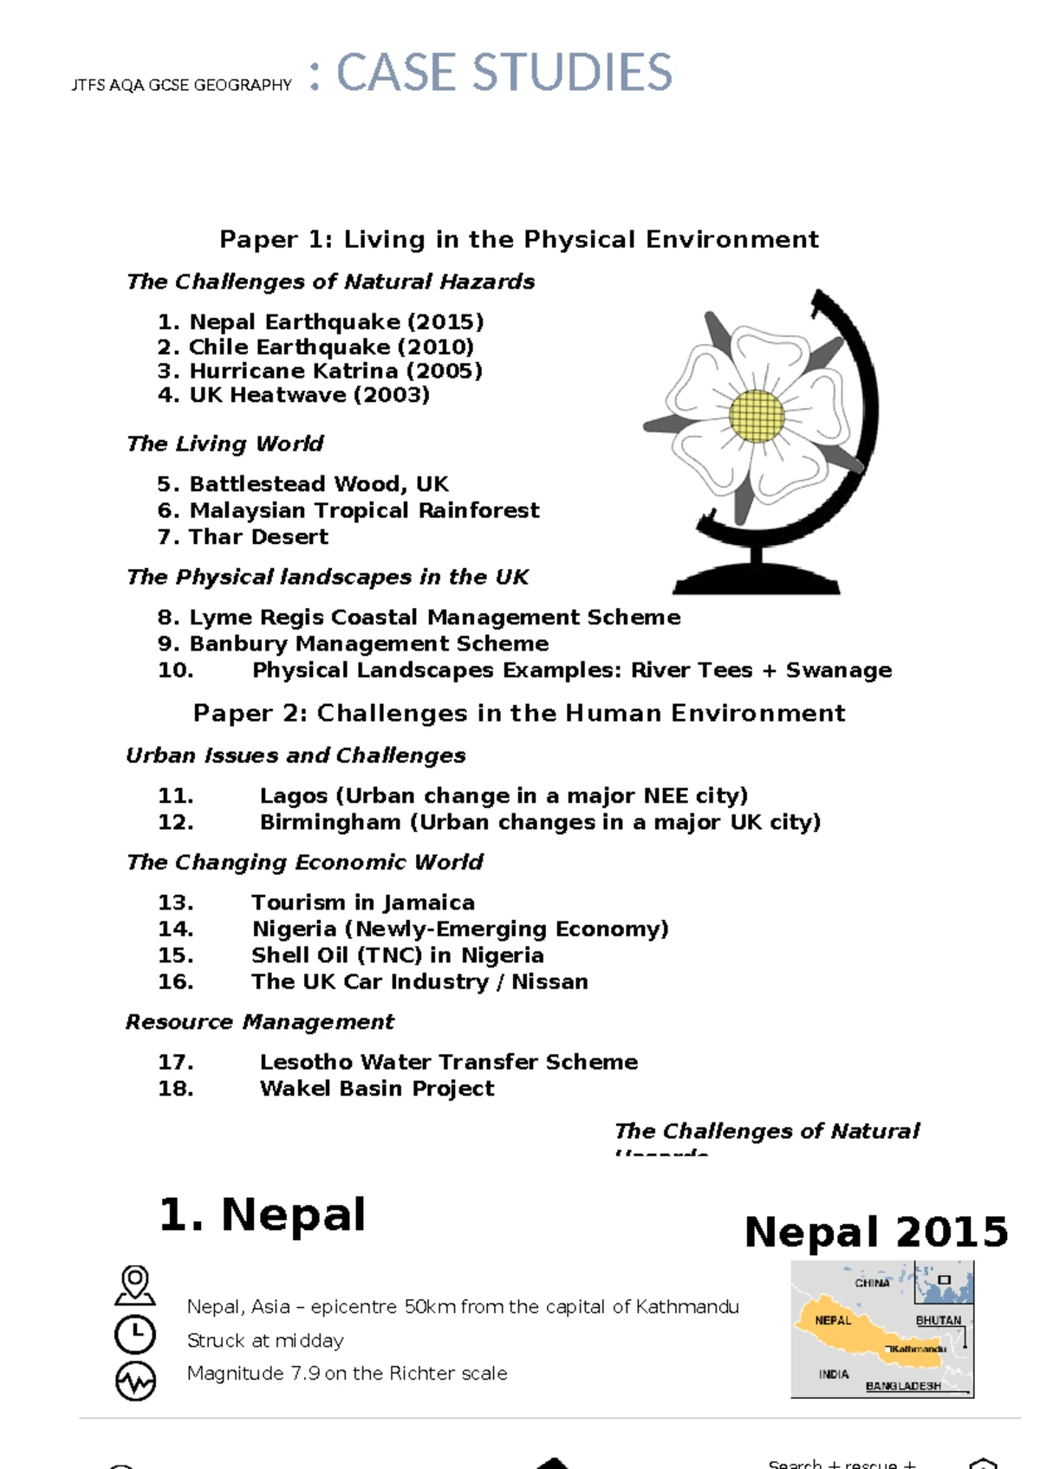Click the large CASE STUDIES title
(504, 73)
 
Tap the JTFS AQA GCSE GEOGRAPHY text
(181, 85)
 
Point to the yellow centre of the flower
(757, 416)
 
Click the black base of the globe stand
(757, 581)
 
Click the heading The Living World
(224, 443)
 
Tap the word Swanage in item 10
(838, 670)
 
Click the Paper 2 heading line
(519, 713)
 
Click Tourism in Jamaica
(362, 903)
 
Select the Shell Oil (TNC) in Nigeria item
(397, 955)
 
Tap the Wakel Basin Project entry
(376, 1089)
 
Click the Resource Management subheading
(259, 1022)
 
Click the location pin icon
(135, 1285)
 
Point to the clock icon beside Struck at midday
(135, 1335)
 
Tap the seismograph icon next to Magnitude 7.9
(135, 1381)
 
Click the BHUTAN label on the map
(938, 1320)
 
